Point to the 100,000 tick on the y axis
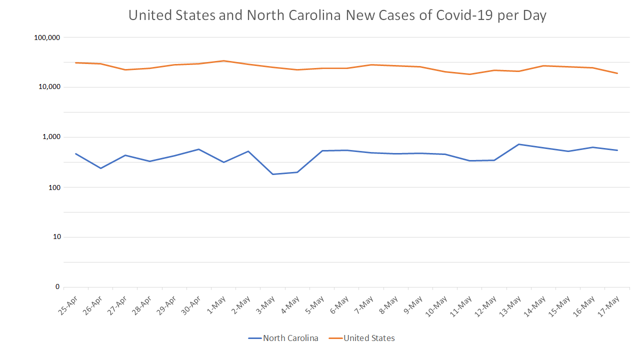click(x=46, y=37)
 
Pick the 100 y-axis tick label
click(x=53, y=187)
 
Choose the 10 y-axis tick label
click(x=55, y=237)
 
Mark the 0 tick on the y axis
click(x=57, y=287)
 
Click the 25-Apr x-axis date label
click(x=68, y=305)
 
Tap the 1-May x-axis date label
click(x=217, y=304)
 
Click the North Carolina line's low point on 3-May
click(x=273, y=174)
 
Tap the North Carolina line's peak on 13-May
click(x=519, y=144)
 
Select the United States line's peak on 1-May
click(x=223, y=61)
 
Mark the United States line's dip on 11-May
click(x=470, y=74)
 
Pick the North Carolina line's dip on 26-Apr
click(x=100, y=168)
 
